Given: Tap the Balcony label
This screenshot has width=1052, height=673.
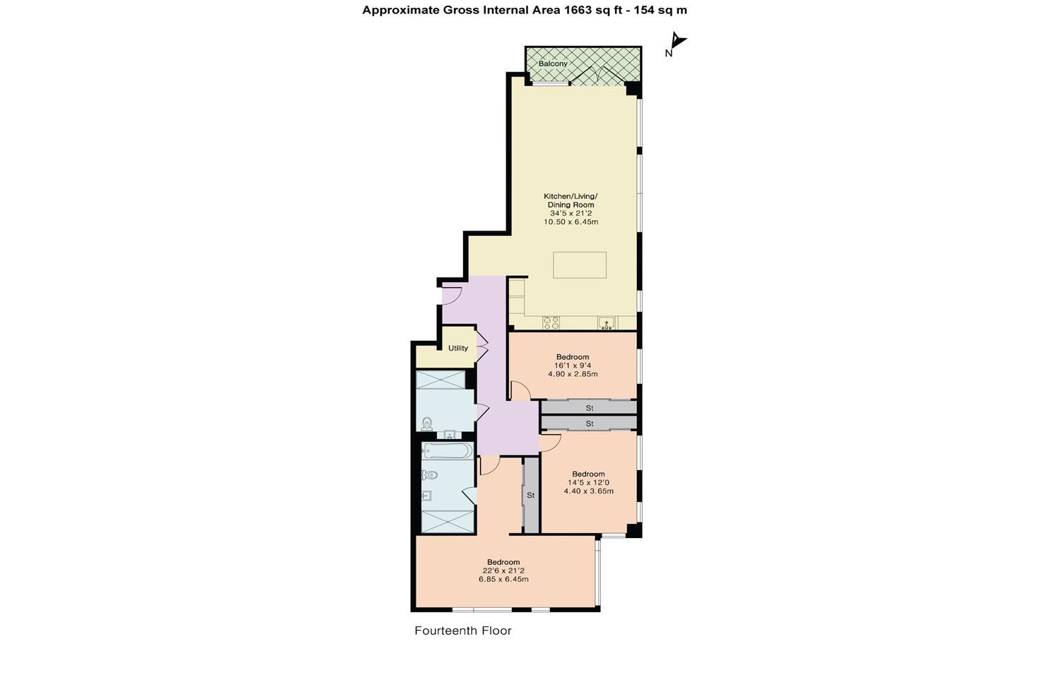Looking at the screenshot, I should point(553,64).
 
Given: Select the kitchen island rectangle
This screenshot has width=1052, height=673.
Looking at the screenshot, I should point(580,265).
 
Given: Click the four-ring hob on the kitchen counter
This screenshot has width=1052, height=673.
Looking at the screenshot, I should point(551,322).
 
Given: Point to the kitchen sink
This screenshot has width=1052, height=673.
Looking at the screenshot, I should point(607,323).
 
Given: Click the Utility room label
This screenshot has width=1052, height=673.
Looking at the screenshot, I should point(458,348).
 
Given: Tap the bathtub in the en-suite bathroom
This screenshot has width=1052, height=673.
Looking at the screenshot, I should point(447,451).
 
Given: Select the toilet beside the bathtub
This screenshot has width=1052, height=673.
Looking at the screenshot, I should point(429,475).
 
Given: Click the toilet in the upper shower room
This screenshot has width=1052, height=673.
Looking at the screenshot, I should point(427,423).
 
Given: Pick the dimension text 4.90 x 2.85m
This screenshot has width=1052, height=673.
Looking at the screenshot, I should point(573,374).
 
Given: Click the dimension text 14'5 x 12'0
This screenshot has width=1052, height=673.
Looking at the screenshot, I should point(588,483).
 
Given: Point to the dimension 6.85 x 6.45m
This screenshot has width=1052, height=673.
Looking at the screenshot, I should point(503,579).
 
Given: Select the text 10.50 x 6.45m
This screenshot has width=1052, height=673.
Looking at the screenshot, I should point(571,222).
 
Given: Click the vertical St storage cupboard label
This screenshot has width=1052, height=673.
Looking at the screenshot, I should point(530,496).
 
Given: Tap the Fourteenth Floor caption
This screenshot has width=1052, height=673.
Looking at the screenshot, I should point(462,631).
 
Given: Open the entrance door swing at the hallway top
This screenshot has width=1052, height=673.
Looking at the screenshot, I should point(452,293).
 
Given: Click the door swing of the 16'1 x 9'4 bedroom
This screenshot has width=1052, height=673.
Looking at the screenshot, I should point(520,390).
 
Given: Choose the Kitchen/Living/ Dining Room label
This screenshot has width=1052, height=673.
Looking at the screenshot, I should point(571,200).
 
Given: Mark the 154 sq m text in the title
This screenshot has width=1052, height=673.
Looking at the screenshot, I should point(659,10).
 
